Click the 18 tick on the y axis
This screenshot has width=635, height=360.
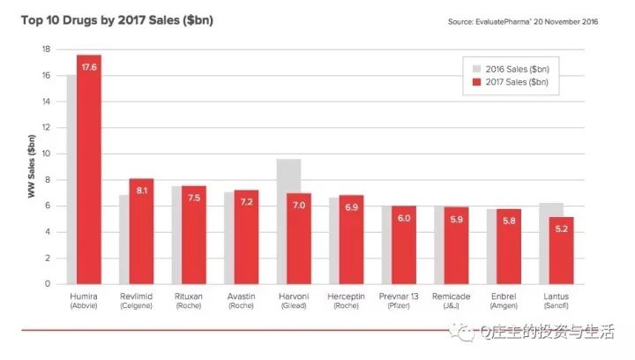(x=45, y=49)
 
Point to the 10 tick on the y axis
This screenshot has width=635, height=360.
(x=45, y=154)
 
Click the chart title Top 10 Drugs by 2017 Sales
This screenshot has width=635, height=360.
(x=116, y=19)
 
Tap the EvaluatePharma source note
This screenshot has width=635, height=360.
(x=523, y=20)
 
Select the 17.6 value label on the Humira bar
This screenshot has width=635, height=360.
(x=89, y=66)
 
